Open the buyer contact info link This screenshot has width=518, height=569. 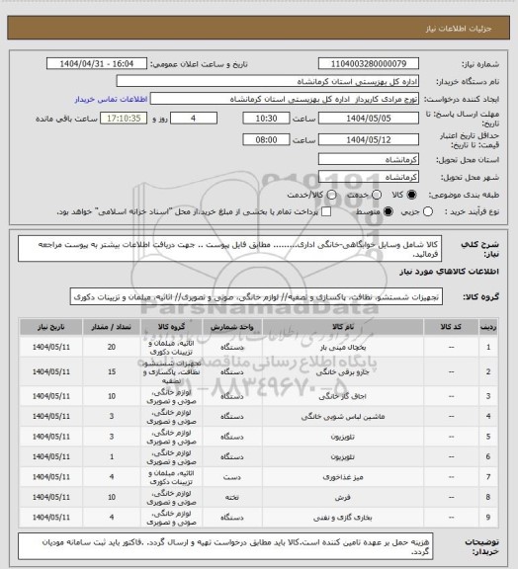[110, 99]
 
